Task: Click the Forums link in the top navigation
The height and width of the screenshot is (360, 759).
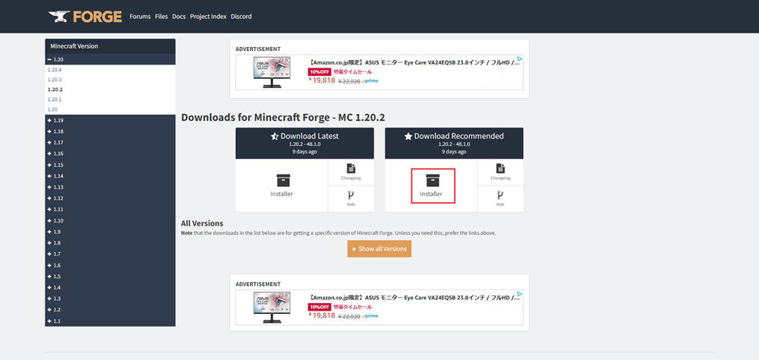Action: (140, 16)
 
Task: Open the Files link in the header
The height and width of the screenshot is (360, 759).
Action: (161, 16)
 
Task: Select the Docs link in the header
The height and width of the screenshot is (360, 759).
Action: (178, 16)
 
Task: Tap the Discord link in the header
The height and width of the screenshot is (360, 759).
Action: (241, 16)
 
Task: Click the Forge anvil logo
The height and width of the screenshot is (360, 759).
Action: (83, 16)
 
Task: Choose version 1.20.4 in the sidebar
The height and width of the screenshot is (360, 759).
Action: (55, 69)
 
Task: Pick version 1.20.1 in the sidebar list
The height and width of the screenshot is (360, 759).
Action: (55, 99)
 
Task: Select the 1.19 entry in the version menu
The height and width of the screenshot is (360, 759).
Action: (58, 120)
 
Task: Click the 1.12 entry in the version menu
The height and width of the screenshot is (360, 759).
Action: (58, 198)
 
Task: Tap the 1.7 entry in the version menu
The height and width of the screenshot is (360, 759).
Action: (57, 254)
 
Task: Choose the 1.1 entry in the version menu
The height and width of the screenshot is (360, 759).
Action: (57, 321)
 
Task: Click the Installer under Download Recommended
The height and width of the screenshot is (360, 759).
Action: (433, 186)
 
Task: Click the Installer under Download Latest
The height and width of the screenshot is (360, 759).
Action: (282, 186)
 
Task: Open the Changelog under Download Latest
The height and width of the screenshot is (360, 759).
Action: (351, 172)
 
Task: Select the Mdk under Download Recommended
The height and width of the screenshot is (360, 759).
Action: (500, 198)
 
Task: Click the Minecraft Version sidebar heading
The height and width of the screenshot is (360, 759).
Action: (74, 46)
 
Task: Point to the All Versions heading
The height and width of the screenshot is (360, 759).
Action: (202, 223)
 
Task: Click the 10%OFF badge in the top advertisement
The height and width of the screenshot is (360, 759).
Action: (319, 72)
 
